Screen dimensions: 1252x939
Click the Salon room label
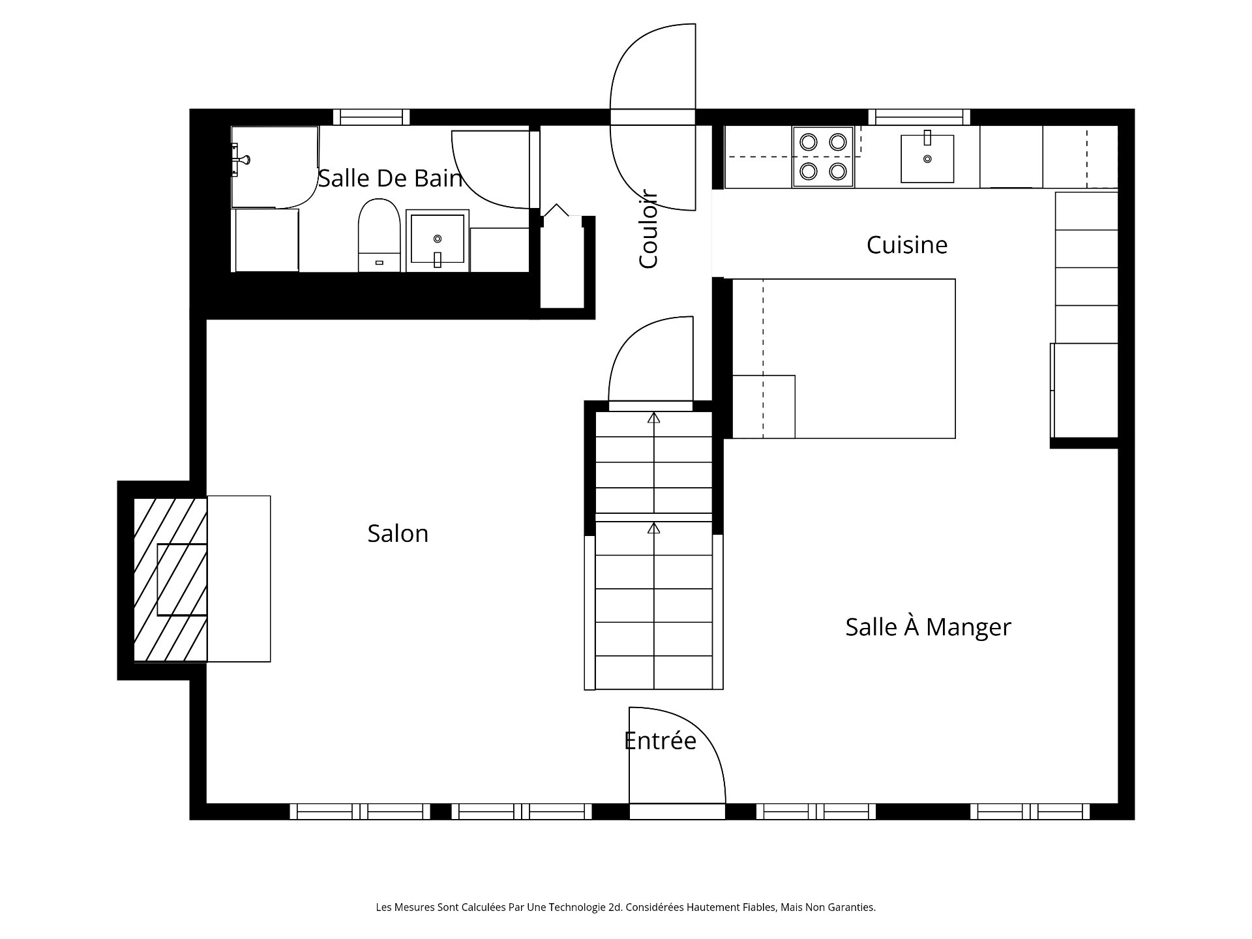pos(398,533)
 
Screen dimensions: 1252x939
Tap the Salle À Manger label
pos(928,627)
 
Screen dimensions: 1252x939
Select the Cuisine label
pos(906,245)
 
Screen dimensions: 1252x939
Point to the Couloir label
pos(648,229)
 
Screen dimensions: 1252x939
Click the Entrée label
pos(660,740)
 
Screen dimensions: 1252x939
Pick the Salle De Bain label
pos(390,178)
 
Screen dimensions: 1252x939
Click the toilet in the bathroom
pos(379,235)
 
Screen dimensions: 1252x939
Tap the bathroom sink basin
pos(437,240)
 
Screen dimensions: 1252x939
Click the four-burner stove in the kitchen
pos(823,156)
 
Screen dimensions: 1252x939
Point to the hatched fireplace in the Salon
pos(170,579)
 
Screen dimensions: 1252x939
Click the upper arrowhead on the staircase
pos(653,417)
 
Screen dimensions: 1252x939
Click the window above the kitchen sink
pos(919,117)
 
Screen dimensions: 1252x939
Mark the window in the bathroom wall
pos(372,117)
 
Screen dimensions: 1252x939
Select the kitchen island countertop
pos(844,359)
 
